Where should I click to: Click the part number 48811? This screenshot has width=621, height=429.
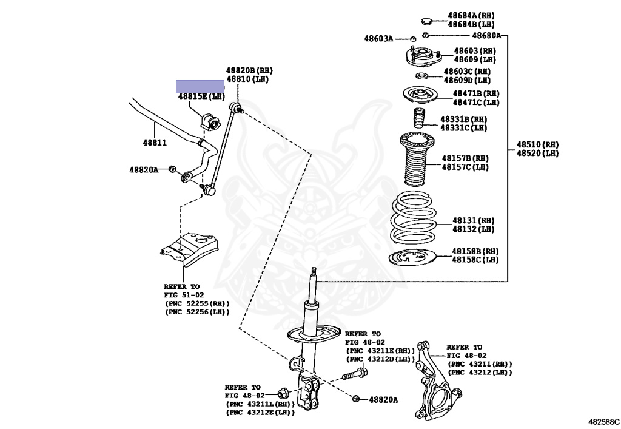coord(155,143)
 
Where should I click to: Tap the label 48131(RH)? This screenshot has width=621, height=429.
coord(474,220)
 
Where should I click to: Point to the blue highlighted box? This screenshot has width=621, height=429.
coord(200,86)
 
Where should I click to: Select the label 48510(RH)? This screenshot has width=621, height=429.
coord(537,145)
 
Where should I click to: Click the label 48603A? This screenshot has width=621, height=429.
coord(378,39)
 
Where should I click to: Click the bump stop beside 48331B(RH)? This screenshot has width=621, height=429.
coord(418,120)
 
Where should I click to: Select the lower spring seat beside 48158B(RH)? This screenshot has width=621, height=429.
coord(418,258)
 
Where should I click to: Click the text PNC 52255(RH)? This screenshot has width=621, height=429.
coord(198,303)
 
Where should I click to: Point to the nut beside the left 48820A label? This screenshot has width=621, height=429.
coord(172,168)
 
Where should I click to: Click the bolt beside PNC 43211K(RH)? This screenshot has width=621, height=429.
coord(355,374)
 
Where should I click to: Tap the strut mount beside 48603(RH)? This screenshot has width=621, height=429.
coord(418,57)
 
